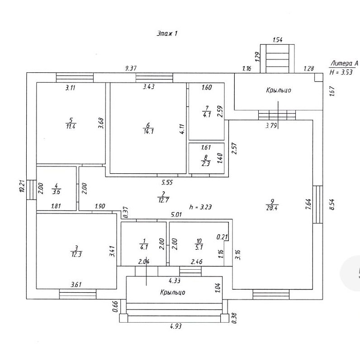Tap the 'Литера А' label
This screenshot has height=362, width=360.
click(x=345, y=63)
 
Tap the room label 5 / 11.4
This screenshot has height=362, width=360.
click(x=70, y=123)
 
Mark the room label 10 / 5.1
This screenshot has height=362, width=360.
click(x=198, y=244)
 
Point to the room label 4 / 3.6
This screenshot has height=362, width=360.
click(x=56, y=188)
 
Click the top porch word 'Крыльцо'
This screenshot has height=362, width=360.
click(x=279, y=90)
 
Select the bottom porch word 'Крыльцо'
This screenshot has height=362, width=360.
click(x=172, y=292)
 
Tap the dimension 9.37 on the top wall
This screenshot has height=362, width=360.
click(x=131, y=68)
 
